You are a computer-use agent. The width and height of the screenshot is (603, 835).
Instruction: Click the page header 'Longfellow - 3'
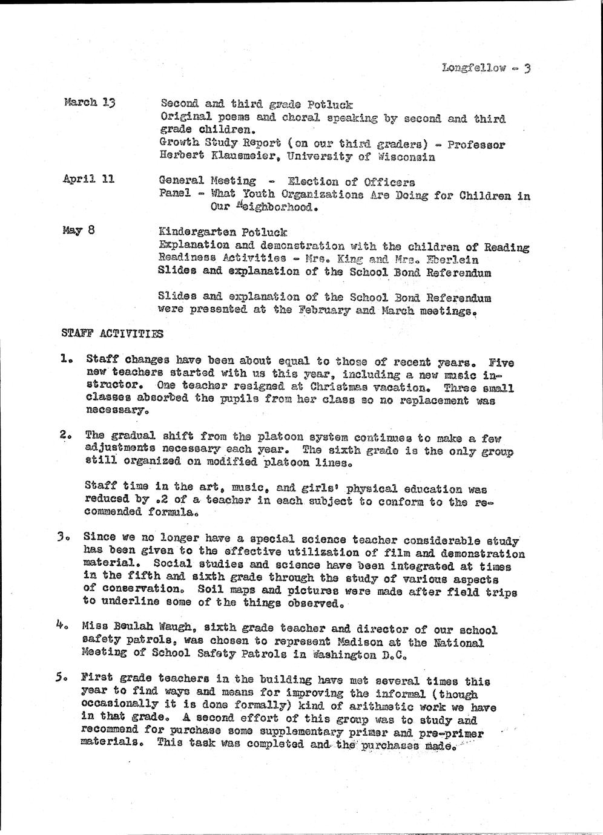(x=486, y=68)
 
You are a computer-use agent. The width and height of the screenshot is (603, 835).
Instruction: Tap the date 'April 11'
(x=88, y=179)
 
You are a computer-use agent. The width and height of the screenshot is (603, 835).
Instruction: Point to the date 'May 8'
(x=78, y=231)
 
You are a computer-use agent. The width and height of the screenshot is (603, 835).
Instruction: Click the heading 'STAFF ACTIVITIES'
(x=113, y=333)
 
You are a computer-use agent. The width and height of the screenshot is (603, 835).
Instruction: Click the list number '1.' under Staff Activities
(x=67, y=359)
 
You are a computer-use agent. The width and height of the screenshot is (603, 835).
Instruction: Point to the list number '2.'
(x=67, y=434)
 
